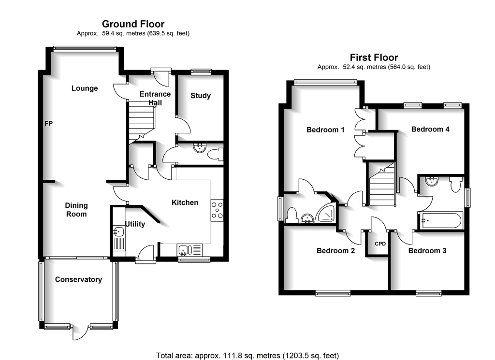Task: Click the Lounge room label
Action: coord(85,88)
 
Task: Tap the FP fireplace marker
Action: coord(48,124)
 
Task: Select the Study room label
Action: coord(200,96)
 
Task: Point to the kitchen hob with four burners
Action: coord(217,211)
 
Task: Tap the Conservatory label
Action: coord(78,279)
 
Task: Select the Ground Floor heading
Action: coord(133,24)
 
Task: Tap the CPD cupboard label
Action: coord(380,244)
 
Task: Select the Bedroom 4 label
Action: coord(430,129)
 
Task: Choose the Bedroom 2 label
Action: coord(335,251)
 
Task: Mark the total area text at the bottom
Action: coord(247,355)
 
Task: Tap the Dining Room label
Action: coord(76,210)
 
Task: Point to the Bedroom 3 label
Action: coord(427,251)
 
